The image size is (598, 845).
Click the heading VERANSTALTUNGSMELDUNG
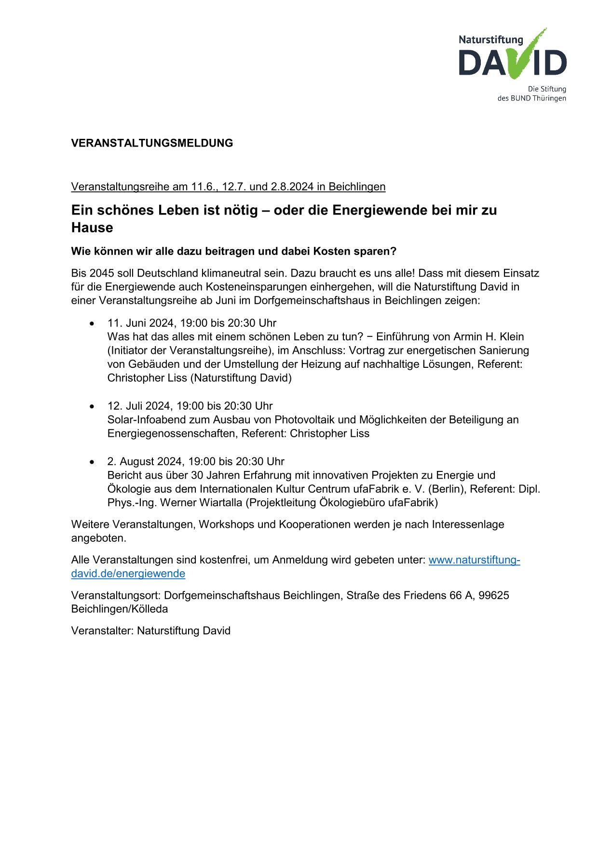click(x=152, y=143)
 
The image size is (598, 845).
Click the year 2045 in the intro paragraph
click(x=101, y=273)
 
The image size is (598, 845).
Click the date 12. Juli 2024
click(x=140, y=406)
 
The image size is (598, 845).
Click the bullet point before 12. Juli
click(x=92, y=406)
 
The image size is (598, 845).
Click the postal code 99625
click(x=494, y=595)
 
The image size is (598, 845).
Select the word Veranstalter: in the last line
click(x=103, y=630)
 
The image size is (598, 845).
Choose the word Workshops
click(x=226, y=524)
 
